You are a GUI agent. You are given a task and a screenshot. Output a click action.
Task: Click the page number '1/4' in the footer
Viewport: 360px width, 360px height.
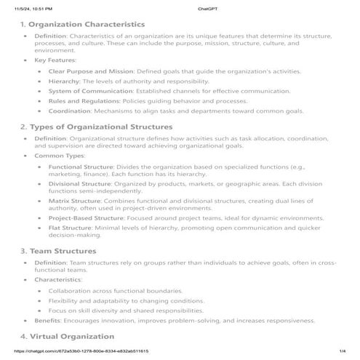tap(342, 352)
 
